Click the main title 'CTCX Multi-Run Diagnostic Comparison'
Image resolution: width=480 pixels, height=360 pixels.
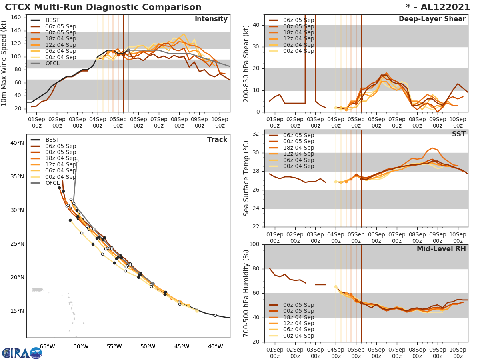click(103, 7)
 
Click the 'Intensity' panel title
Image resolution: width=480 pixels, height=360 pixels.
click(211, 19)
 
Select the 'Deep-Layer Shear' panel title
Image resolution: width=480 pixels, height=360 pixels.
click(432, 19)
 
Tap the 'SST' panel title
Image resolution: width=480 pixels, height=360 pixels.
click(459, 134)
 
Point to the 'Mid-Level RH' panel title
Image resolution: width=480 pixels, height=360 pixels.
click(441, 249)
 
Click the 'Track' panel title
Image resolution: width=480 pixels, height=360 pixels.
click(217, 140)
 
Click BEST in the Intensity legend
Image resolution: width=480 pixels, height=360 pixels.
click(52, 20)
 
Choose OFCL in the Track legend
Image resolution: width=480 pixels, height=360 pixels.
click(52, 183)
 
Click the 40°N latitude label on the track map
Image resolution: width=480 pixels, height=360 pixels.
click(17, 143)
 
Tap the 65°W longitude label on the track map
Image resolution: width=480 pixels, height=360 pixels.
click(47, 346)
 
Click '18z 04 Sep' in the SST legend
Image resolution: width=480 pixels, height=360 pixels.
click(298, 148)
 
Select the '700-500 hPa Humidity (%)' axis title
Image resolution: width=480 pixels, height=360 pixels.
click(246, 293)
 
